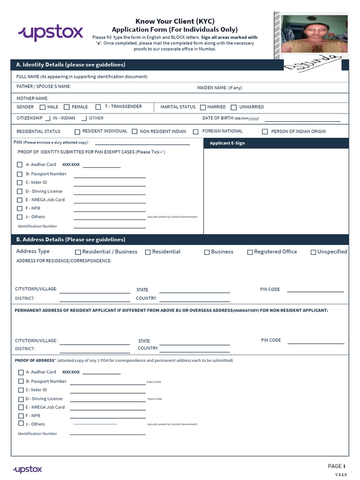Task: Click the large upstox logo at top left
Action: coord(51,33)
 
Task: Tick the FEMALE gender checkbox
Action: coord(67,107)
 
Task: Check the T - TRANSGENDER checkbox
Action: coord(98,107)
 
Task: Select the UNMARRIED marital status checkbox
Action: coord(234,107)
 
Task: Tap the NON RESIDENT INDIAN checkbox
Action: coord(135,132)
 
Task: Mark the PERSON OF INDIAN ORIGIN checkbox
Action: coord(265,132)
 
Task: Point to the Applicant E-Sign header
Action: coord(227,143)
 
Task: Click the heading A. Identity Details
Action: coord(70,65)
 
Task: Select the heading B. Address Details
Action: coord(70,240)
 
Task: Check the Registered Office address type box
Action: coord(250,252)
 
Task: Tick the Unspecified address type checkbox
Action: coord(314,252)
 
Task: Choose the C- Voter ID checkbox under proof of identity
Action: coord(20,183)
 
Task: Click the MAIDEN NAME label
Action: coord(219,88)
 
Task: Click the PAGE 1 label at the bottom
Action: coord(337,466)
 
